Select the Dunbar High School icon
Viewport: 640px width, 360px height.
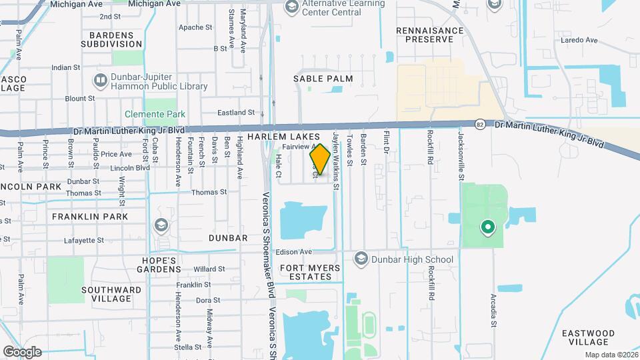click(361, 259)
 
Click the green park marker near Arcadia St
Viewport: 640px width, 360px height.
click(487, 227)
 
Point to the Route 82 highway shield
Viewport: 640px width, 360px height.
click(480, 124)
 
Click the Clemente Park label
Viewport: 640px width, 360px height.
click(155, 114)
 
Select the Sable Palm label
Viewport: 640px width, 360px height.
click(323, 79)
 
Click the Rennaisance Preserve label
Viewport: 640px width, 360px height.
click(429, 35)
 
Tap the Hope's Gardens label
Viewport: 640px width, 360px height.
click(158, 265)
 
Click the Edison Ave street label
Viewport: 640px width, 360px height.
click(297, 252)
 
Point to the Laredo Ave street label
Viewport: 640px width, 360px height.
click(583, 40)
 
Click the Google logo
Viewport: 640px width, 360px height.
click(22, 352)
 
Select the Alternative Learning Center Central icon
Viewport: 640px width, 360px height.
click(291, 7)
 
